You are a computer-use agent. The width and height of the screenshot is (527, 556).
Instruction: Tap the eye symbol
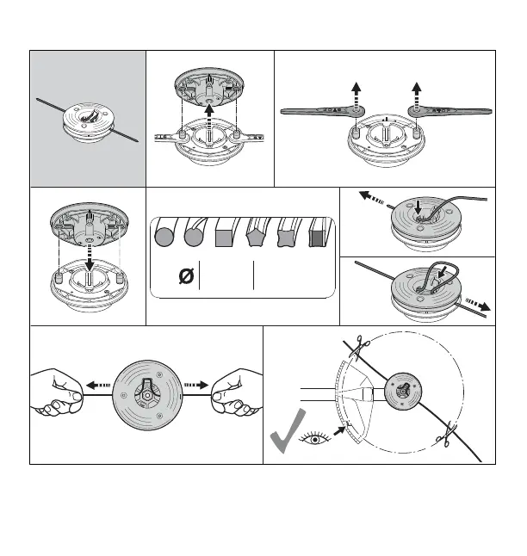(316, 440)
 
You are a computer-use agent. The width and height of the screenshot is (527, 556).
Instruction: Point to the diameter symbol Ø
(184, 277)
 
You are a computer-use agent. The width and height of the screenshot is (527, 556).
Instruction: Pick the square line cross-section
(226, 234)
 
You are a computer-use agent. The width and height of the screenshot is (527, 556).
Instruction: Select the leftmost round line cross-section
(164, 234)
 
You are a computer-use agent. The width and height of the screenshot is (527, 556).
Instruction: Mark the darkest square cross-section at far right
(319, 234)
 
